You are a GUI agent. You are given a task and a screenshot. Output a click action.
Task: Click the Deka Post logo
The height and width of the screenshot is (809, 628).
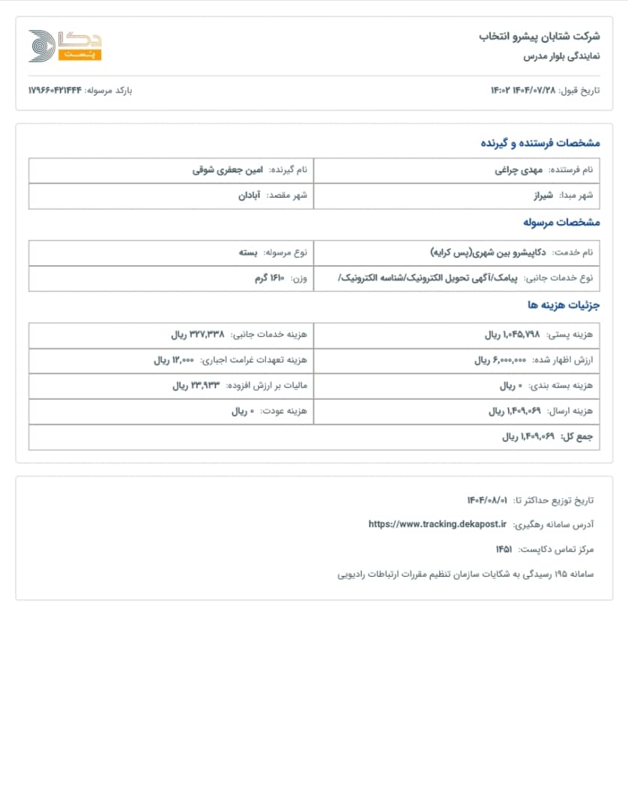click(64, 46)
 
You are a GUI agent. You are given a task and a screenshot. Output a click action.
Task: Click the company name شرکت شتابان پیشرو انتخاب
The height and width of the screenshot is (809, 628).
click(540, 36)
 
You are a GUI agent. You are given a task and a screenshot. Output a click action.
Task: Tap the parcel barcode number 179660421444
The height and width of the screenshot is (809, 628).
click(55, 91)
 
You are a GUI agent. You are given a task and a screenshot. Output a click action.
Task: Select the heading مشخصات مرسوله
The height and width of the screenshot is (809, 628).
click(561, 222)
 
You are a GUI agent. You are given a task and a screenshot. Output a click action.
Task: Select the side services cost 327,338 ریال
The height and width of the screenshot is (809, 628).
click(198, 335)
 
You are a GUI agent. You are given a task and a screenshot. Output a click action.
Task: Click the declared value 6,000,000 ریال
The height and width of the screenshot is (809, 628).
click(501, 360)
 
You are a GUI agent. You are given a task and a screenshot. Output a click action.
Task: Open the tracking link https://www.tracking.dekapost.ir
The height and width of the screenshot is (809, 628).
click(438, 524)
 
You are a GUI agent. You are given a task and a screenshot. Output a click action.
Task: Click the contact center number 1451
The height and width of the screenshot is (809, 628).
click(504, 549)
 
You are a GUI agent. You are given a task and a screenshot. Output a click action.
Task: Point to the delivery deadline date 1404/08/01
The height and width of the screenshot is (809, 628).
click(487, 500)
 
